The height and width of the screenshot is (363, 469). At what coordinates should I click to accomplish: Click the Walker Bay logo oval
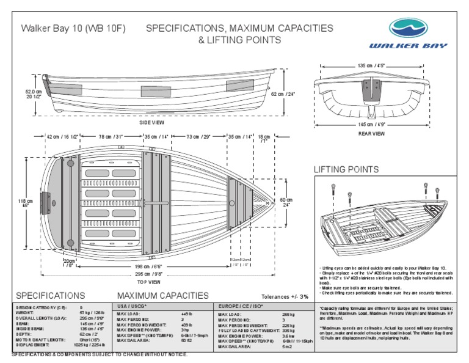tap(418, 28)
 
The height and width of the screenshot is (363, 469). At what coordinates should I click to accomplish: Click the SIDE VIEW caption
tap(152, 122)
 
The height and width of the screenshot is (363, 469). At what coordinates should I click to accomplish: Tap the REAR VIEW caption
tap(371, 133)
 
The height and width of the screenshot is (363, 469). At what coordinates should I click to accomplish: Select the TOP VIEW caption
tap(149, 282)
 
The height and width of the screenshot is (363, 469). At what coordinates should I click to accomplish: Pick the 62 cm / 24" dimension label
tap(283, 95)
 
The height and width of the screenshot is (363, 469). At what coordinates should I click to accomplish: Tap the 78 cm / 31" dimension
tap(111, 136)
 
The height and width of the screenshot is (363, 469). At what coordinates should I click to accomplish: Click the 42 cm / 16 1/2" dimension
tap(61, 136)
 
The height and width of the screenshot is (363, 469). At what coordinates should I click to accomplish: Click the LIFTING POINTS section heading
tap(346, 169)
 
